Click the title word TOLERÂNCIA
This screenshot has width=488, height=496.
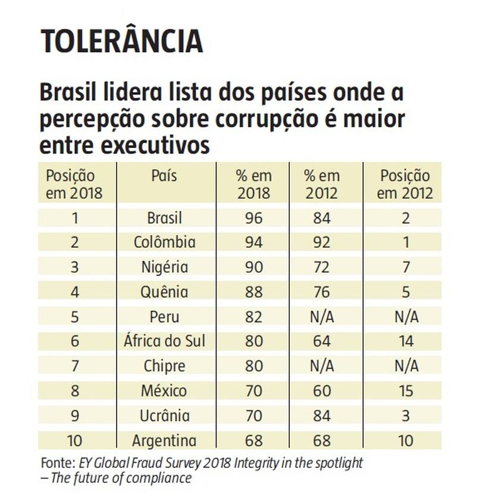[121, 41]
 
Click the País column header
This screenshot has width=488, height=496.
[164, 176]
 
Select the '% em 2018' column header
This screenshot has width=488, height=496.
[254, 185]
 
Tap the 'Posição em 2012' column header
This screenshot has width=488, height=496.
[405, 185]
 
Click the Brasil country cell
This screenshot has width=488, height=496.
[164, 218]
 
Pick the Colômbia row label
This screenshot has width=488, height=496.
[164, 242]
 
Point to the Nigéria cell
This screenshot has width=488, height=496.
[164, 267]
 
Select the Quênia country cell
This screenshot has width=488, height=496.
[164, 292]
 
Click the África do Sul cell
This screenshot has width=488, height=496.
[164, 342]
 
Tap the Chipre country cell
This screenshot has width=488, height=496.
[164, 366]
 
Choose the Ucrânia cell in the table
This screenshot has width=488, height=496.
[164, 416]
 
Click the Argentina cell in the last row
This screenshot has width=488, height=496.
[164, 441]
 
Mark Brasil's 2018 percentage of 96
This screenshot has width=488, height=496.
[254, 218]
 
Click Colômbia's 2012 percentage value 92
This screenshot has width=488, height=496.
[321, 242]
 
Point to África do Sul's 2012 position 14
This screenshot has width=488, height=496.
[406, 342]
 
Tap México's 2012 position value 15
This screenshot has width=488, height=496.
[406, 391]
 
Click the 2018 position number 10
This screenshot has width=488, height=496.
[75, 441]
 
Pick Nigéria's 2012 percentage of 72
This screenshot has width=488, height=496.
[321, 267]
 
